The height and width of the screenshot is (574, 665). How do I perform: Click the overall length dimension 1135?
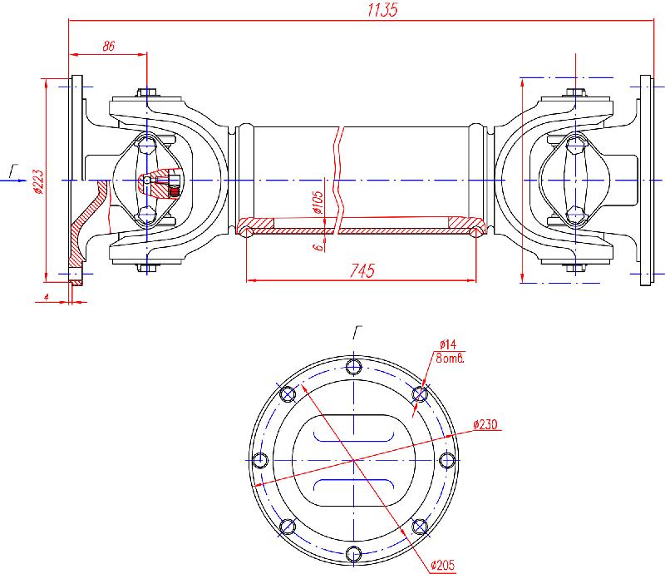(383, 11)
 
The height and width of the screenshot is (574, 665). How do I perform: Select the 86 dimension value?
(108, 47)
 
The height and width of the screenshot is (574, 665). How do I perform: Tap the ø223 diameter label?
(38, 177)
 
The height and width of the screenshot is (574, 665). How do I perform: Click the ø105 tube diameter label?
(318, 202)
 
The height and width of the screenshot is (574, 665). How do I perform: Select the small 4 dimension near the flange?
(48, 296)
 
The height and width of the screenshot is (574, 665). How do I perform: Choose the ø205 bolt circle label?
(442, 566)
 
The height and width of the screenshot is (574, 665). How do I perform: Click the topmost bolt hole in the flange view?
(355, 367)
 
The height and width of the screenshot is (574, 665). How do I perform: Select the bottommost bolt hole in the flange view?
(355, 553)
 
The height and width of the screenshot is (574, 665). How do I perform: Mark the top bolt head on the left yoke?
(147, 92)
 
